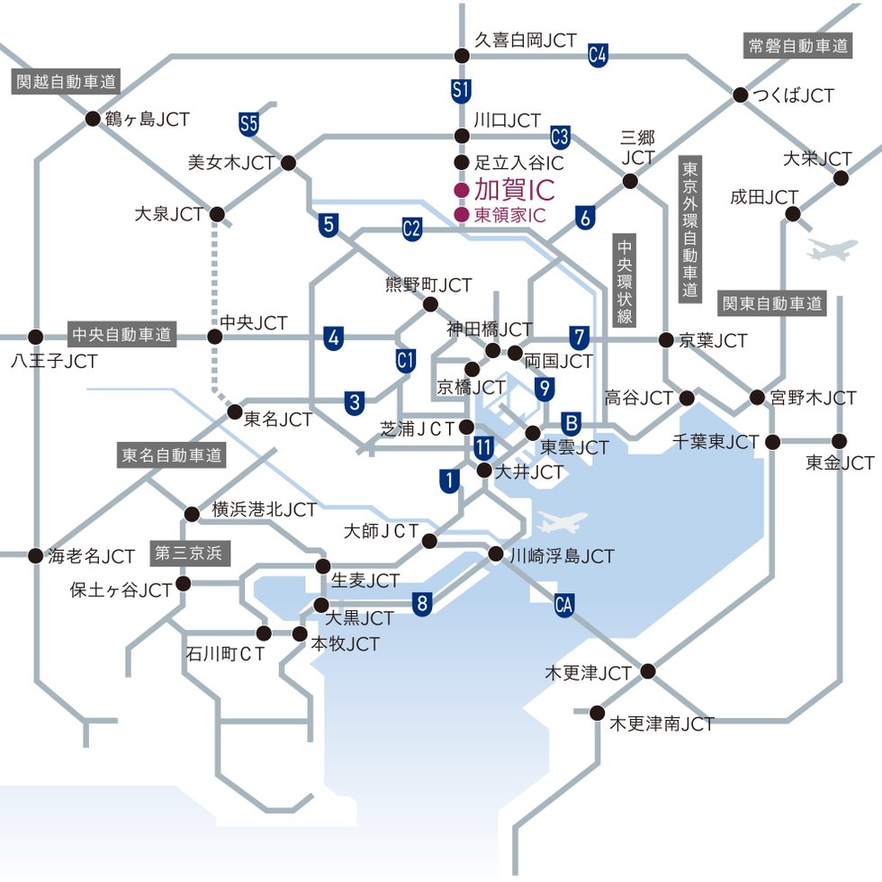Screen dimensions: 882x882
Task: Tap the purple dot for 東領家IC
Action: [x=461, y=215]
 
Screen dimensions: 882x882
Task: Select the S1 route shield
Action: [x=462, y=90]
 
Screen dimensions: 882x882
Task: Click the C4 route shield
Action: [x=598, y=55]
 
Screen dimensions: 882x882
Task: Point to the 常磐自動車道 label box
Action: [x=798, y=46]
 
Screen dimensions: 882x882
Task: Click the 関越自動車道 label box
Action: [x=66, y=82]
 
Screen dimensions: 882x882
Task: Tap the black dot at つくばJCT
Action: [x=741, y=94]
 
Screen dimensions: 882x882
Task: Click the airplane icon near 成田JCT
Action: [x=832, y=249]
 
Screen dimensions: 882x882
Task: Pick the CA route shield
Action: [x=564, y=602]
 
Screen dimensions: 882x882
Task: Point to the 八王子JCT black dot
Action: [x=35, y=337]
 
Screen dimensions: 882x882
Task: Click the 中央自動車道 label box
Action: [x=121, y=335]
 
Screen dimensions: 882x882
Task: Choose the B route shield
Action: [x=571, y=423]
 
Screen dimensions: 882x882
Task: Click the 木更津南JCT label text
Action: [x=661, y=723]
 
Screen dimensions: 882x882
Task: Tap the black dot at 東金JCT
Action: [x=840, y=441]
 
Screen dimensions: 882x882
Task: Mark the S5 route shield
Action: [x=249, y=121]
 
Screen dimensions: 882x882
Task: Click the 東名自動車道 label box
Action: [x=171, y=455]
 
